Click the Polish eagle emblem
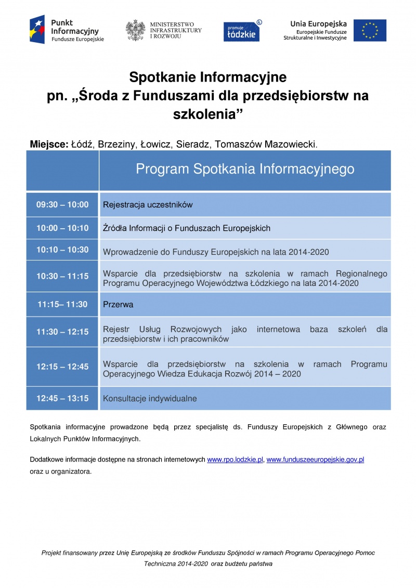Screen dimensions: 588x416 point(135,30)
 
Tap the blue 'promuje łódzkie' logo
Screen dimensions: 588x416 point(241,31)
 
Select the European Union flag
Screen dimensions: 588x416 point(370,30)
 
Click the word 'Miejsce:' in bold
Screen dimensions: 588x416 point(49,143)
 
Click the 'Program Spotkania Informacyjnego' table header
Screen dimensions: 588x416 point(245,169)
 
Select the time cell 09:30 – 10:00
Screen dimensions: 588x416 point(62,205)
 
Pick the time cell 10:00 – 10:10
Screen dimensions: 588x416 point(62,228)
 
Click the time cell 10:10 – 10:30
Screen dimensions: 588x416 point(62,250)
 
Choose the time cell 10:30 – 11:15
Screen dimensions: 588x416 point(62,277)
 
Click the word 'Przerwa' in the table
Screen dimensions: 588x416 point(118,305)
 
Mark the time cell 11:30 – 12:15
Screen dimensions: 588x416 point(62,332)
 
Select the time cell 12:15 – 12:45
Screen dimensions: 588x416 point(62,367)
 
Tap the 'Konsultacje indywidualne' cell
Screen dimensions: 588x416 point(150,399)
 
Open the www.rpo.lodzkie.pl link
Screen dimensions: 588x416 point(235,460)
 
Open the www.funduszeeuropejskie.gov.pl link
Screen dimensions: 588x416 point(315,460)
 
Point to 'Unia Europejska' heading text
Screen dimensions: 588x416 point(318,23)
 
